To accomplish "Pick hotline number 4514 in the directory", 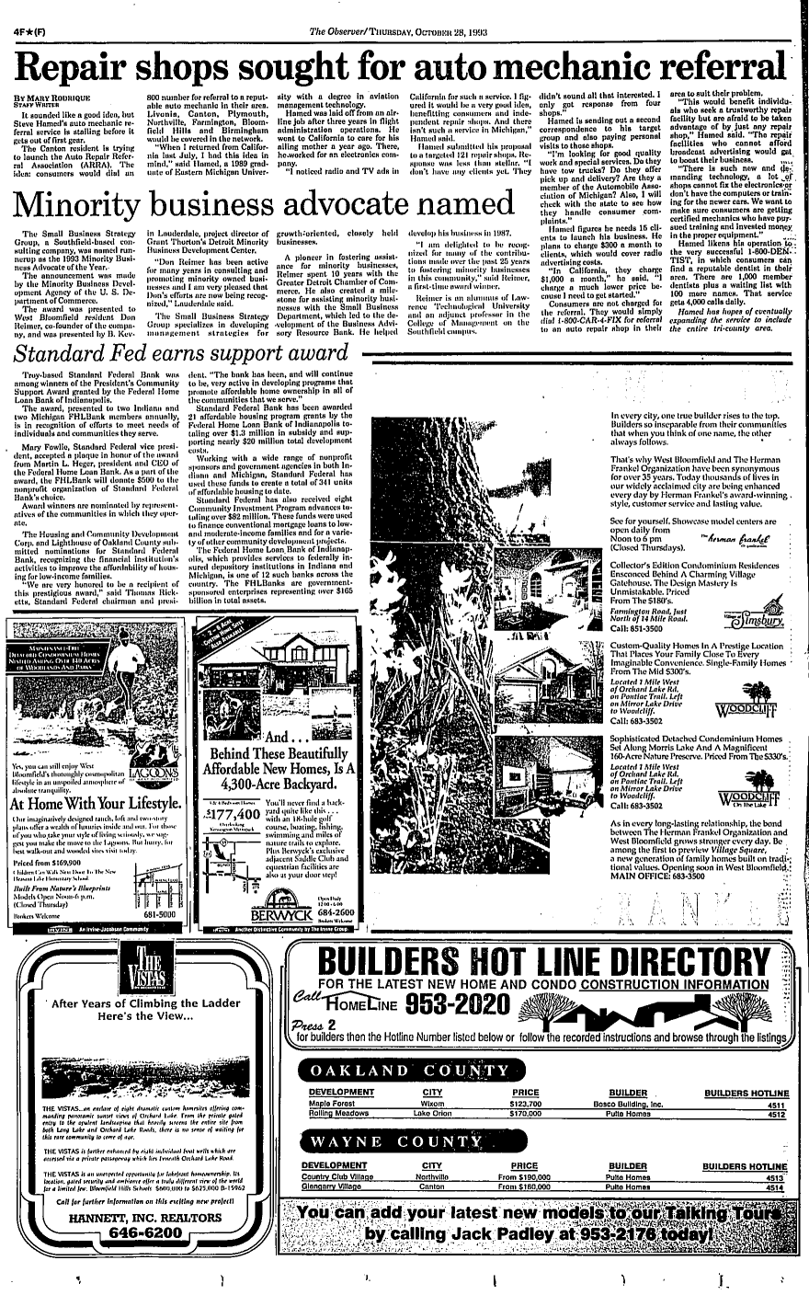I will click(774, 1187).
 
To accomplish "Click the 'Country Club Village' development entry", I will click(344, 1177).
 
